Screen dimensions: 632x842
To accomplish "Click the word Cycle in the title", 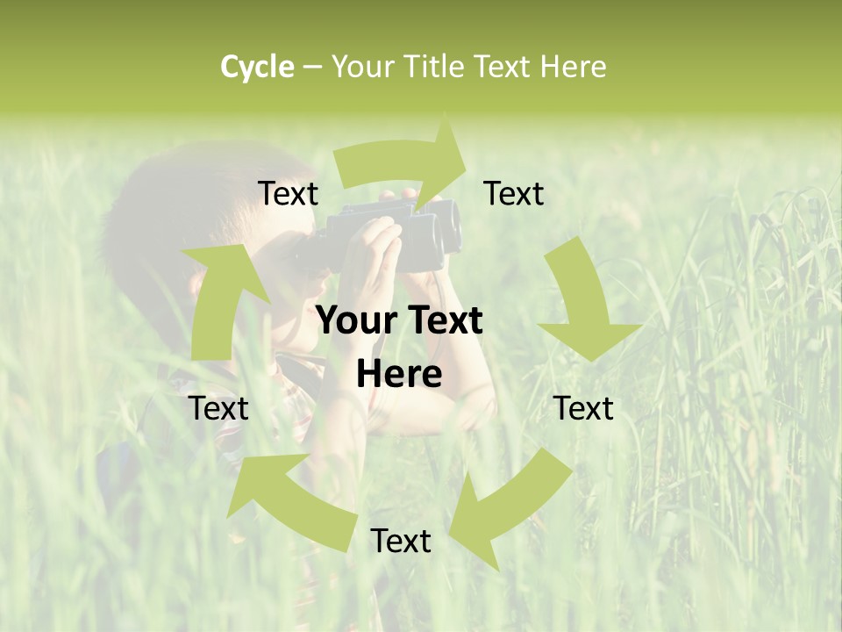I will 256,67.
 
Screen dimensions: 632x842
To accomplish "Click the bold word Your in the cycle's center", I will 354,320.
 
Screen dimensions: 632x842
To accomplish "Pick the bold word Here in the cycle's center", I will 399,375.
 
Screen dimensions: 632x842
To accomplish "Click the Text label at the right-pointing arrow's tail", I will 288,194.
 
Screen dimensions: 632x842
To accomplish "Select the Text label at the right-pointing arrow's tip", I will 514,194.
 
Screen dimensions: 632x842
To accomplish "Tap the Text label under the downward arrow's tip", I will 583,408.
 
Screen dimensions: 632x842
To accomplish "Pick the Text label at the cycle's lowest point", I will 401,541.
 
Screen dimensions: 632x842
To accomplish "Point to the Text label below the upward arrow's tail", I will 218,408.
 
